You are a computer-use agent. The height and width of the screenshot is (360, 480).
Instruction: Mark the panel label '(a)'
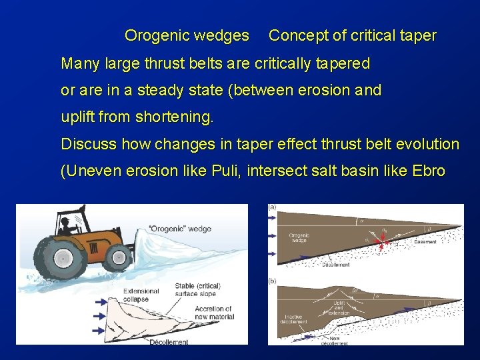tap(273, 207)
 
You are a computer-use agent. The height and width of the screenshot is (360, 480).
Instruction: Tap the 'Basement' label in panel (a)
tap(425, 242)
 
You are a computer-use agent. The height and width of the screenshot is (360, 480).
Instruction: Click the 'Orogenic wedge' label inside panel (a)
tap(299, 238)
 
